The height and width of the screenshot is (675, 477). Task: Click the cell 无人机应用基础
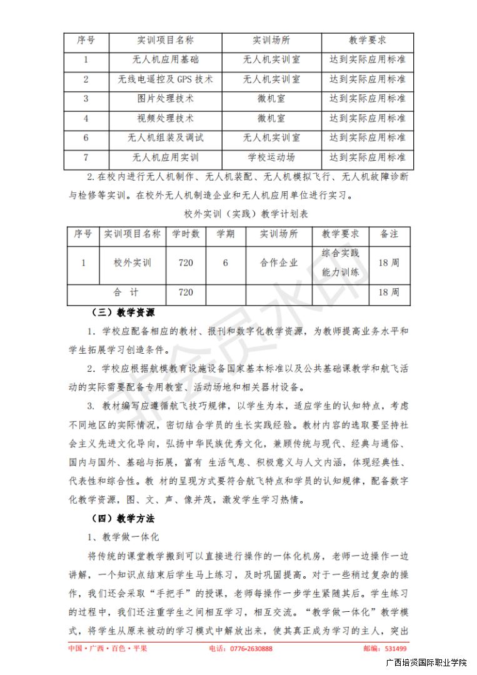click(165, 60)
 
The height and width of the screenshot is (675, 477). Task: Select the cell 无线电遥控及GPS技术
click(165, 79)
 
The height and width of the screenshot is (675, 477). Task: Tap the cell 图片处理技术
click(165, 99)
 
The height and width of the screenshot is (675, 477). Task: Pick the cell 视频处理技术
click(165, 118)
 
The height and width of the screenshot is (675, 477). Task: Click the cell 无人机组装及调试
click(165, 137)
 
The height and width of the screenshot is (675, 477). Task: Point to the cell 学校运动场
click(271, 157)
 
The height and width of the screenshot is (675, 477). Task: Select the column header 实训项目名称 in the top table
click(165, 41)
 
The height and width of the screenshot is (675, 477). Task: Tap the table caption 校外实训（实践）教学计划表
click(238, 214)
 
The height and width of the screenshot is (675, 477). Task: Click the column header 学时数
click(186, 234)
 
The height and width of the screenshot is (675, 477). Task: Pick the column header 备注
click(389, 234)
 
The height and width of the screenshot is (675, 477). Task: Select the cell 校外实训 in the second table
click(132, 263)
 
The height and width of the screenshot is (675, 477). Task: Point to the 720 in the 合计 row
click(186, 292)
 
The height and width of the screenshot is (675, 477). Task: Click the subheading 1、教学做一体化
click(123, 537)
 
